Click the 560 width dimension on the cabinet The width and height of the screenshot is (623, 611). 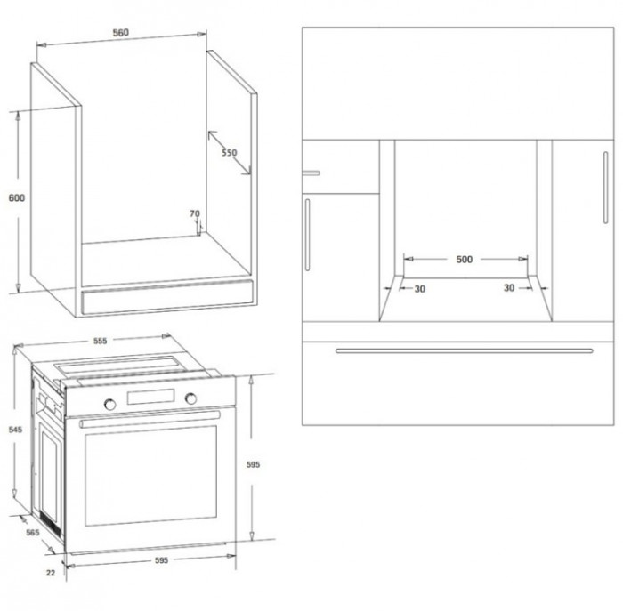coord(121,33)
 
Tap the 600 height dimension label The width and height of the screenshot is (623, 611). coord(17,197)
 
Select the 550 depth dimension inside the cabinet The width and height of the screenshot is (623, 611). coord(230,152)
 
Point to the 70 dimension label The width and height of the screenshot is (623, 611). coord(195,213)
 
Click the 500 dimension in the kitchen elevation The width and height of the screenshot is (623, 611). coord(464,260)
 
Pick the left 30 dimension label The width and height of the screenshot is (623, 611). coord(420,289)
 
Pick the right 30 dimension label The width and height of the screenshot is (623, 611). coord(509,288)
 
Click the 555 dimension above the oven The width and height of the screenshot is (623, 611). coord(100,341)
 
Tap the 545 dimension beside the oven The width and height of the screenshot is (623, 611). coord(15,430)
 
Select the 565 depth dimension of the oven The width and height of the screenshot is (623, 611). coord(33,533)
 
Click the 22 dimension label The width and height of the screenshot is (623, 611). coord(51,573)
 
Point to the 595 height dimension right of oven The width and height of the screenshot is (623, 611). coord(253,464)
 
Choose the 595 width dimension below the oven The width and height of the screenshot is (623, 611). coord(161,560)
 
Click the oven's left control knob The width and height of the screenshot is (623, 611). coord(109,404)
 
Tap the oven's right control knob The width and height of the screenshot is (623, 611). coord(190,398)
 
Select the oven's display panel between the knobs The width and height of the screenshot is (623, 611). coord(150,397)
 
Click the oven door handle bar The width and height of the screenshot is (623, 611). coord(150,419)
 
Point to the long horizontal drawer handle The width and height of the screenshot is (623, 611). coord(464,351)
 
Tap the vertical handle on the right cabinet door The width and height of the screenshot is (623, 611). coord(605,188)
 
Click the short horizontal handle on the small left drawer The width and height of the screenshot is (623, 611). coord(311,173)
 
